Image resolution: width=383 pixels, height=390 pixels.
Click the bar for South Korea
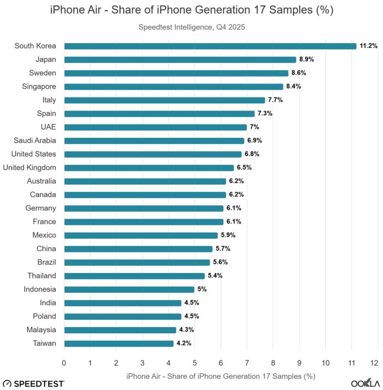click(x=210, y=46)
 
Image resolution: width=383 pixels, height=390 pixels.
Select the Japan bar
click(x=180, y=60)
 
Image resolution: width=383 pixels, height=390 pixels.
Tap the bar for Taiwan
click(x=118, y=343)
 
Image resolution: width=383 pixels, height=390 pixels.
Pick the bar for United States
click(x=153, y=154)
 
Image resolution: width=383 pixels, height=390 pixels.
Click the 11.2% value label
click(x=368, y=46)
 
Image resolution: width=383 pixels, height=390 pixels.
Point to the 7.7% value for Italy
click(x=275, y=100)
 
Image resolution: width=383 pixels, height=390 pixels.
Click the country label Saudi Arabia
click(x=35, y=141)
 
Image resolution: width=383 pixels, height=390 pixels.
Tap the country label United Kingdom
click(x=30, y=167)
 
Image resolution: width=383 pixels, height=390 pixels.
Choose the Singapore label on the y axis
click(x=39, y=86)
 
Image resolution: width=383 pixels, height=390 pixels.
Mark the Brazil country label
click(x=46, y=262)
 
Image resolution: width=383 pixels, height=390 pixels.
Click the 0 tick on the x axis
click(x=64, y=363)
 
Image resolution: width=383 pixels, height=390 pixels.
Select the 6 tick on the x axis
click(x=221, y=363)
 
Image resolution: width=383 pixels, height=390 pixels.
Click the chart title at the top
click(x=191, y=10)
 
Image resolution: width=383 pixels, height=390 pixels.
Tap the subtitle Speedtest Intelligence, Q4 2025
click(x=191, y=27)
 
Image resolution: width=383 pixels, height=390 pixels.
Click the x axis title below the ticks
click(x=221, y=376)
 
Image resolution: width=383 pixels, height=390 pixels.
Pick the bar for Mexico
click(x=141, y=235)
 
